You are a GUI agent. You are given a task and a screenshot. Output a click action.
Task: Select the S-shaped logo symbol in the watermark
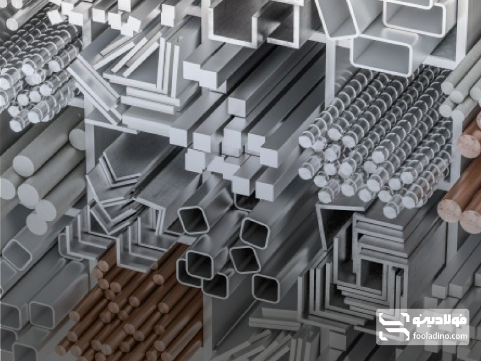point(394,327)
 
